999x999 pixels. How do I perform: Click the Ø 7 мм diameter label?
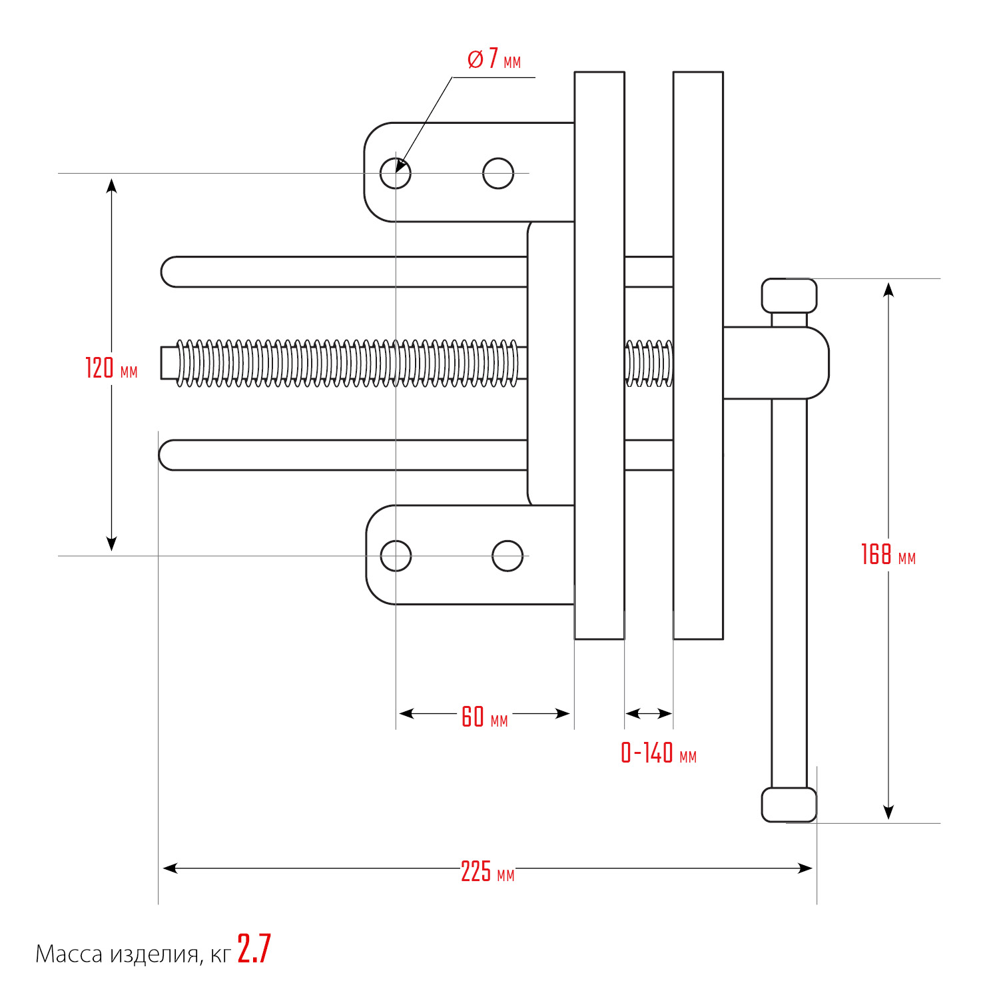pyautogui.click(x=494, y=60)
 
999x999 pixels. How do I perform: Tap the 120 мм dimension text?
pyautogui.click(x=111, y=368)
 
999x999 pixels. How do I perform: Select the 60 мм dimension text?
pyautogui.click(x=484, y=717)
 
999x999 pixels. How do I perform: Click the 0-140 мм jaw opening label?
pyautogui.click(x=658, y=753)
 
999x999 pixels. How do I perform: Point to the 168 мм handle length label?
pyautogui.click(x=888, y=555)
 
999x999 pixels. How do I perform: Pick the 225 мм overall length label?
pyautogui.click(x=487, y=872)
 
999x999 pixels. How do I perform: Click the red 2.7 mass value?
pyautogui.click(x=254, y=949)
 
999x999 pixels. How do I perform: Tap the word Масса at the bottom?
pyautogui.click(x=68, y=954)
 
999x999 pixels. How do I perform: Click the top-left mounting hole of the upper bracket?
pyautogui.click(x=396, y=173)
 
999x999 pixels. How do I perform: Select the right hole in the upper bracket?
pyautogui.click(x=498, y=173)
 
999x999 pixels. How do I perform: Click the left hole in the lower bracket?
pyautogui.click(x=396, y=555)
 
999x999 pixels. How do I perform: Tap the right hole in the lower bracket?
pyautogui.click(x=507, y=555)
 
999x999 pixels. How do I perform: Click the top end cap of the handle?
pyautogui.click(x=789, y=296)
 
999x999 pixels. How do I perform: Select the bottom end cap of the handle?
pyautogui.click(x=789, y=805)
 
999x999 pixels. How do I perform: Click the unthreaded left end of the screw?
pyautogui.click(x=168, y=363)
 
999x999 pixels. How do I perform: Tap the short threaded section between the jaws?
pyautogui.click(x=649, y=363)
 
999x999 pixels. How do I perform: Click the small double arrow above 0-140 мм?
pyautogui.click(x=649, y=714)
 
